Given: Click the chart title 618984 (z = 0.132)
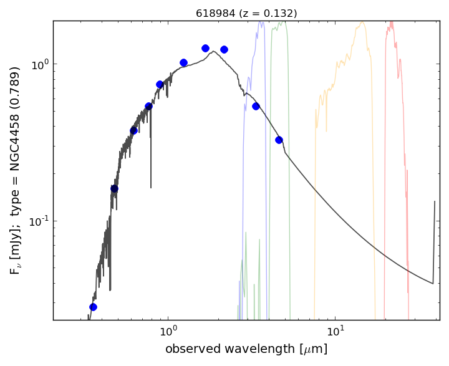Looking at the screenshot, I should point(246,13).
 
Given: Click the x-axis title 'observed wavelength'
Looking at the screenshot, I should point(246,349).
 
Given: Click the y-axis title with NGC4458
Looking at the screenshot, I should point(16,170).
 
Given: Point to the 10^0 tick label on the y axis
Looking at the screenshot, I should point(39,65).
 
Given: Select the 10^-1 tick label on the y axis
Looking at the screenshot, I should point(38,221).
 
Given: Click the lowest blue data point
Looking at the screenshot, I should point(93,307).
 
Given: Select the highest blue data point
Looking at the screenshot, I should point(205,48).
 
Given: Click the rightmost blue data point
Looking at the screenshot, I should point(279,140).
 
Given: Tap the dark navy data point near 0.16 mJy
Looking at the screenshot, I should point(114,188).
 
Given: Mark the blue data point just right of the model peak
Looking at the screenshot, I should point(224,49).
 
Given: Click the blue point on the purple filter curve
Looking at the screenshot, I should point(256,106).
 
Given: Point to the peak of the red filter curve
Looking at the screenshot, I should point(392,23).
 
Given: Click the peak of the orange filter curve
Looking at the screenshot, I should point(361,24).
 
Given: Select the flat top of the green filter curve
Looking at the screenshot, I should point(281,24).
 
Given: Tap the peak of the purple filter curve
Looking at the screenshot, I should point(260,24).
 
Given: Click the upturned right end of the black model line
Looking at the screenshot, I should point(435,202).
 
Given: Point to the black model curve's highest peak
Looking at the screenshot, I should point(214,52).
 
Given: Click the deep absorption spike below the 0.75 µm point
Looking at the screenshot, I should point(150,186).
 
